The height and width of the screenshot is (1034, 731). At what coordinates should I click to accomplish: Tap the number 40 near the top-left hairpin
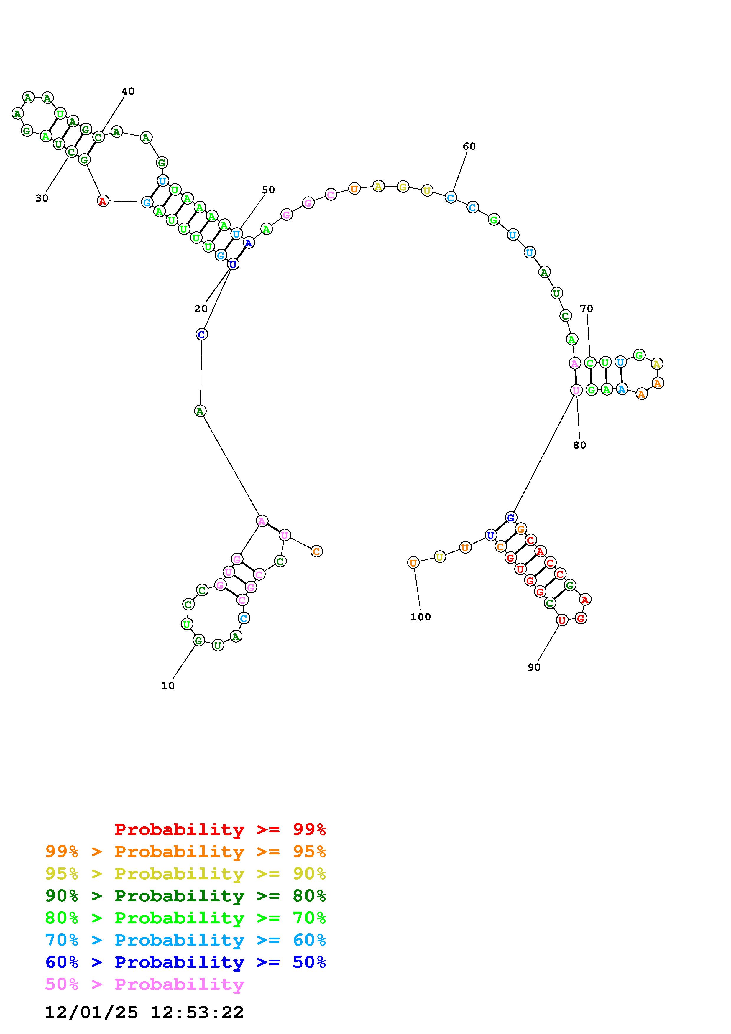point(128,91)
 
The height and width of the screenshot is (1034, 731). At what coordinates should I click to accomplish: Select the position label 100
point(420,617)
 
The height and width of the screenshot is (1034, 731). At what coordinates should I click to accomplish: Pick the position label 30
point(42,198)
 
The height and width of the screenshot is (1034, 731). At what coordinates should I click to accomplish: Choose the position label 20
point(201,309)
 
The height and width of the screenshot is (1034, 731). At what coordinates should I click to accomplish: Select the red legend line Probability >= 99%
point(220,829)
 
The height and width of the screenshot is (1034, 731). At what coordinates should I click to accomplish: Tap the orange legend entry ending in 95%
point(185,852)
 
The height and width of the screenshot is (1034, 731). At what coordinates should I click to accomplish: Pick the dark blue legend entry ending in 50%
point(185,962)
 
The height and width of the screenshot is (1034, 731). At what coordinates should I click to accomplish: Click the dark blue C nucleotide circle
point(201,334)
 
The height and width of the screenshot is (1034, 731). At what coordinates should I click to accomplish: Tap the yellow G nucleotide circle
point(403,187)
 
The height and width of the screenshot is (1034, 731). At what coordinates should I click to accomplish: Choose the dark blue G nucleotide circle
point(510,517)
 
